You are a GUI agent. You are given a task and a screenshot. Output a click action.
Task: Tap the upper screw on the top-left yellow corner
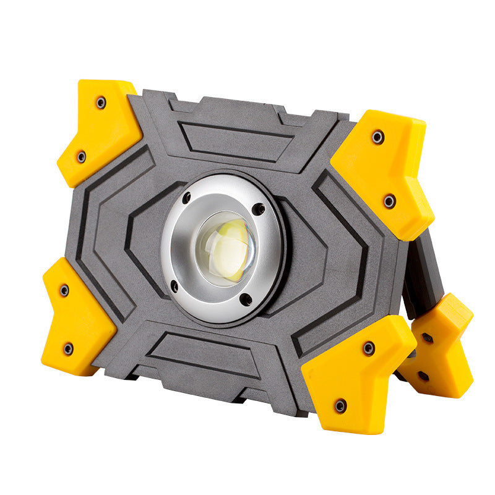(x=101, y=103)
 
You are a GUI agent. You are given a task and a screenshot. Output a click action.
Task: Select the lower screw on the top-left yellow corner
(x=81, y=157)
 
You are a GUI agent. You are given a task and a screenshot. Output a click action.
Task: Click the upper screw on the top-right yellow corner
(x=377, y=137)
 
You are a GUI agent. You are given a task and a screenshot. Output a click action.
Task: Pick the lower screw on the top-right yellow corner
(x=389, y=200)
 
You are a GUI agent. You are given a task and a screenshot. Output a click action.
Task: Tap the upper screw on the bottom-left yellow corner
(x=64, y=290)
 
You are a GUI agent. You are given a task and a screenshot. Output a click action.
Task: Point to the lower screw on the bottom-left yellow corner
(x=68, y=348)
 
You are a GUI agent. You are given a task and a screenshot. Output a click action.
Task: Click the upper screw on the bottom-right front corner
(x=369, y=348)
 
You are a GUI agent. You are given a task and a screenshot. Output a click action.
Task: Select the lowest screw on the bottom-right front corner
(x=340, y=406)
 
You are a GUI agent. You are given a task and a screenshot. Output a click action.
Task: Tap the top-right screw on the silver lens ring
(x=258, y=209)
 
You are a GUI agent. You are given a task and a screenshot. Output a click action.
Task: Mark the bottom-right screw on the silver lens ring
(x=246, y=300)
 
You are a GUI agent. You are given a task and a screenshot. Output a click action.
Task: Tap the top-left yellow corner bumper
(x=99, y=130)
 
